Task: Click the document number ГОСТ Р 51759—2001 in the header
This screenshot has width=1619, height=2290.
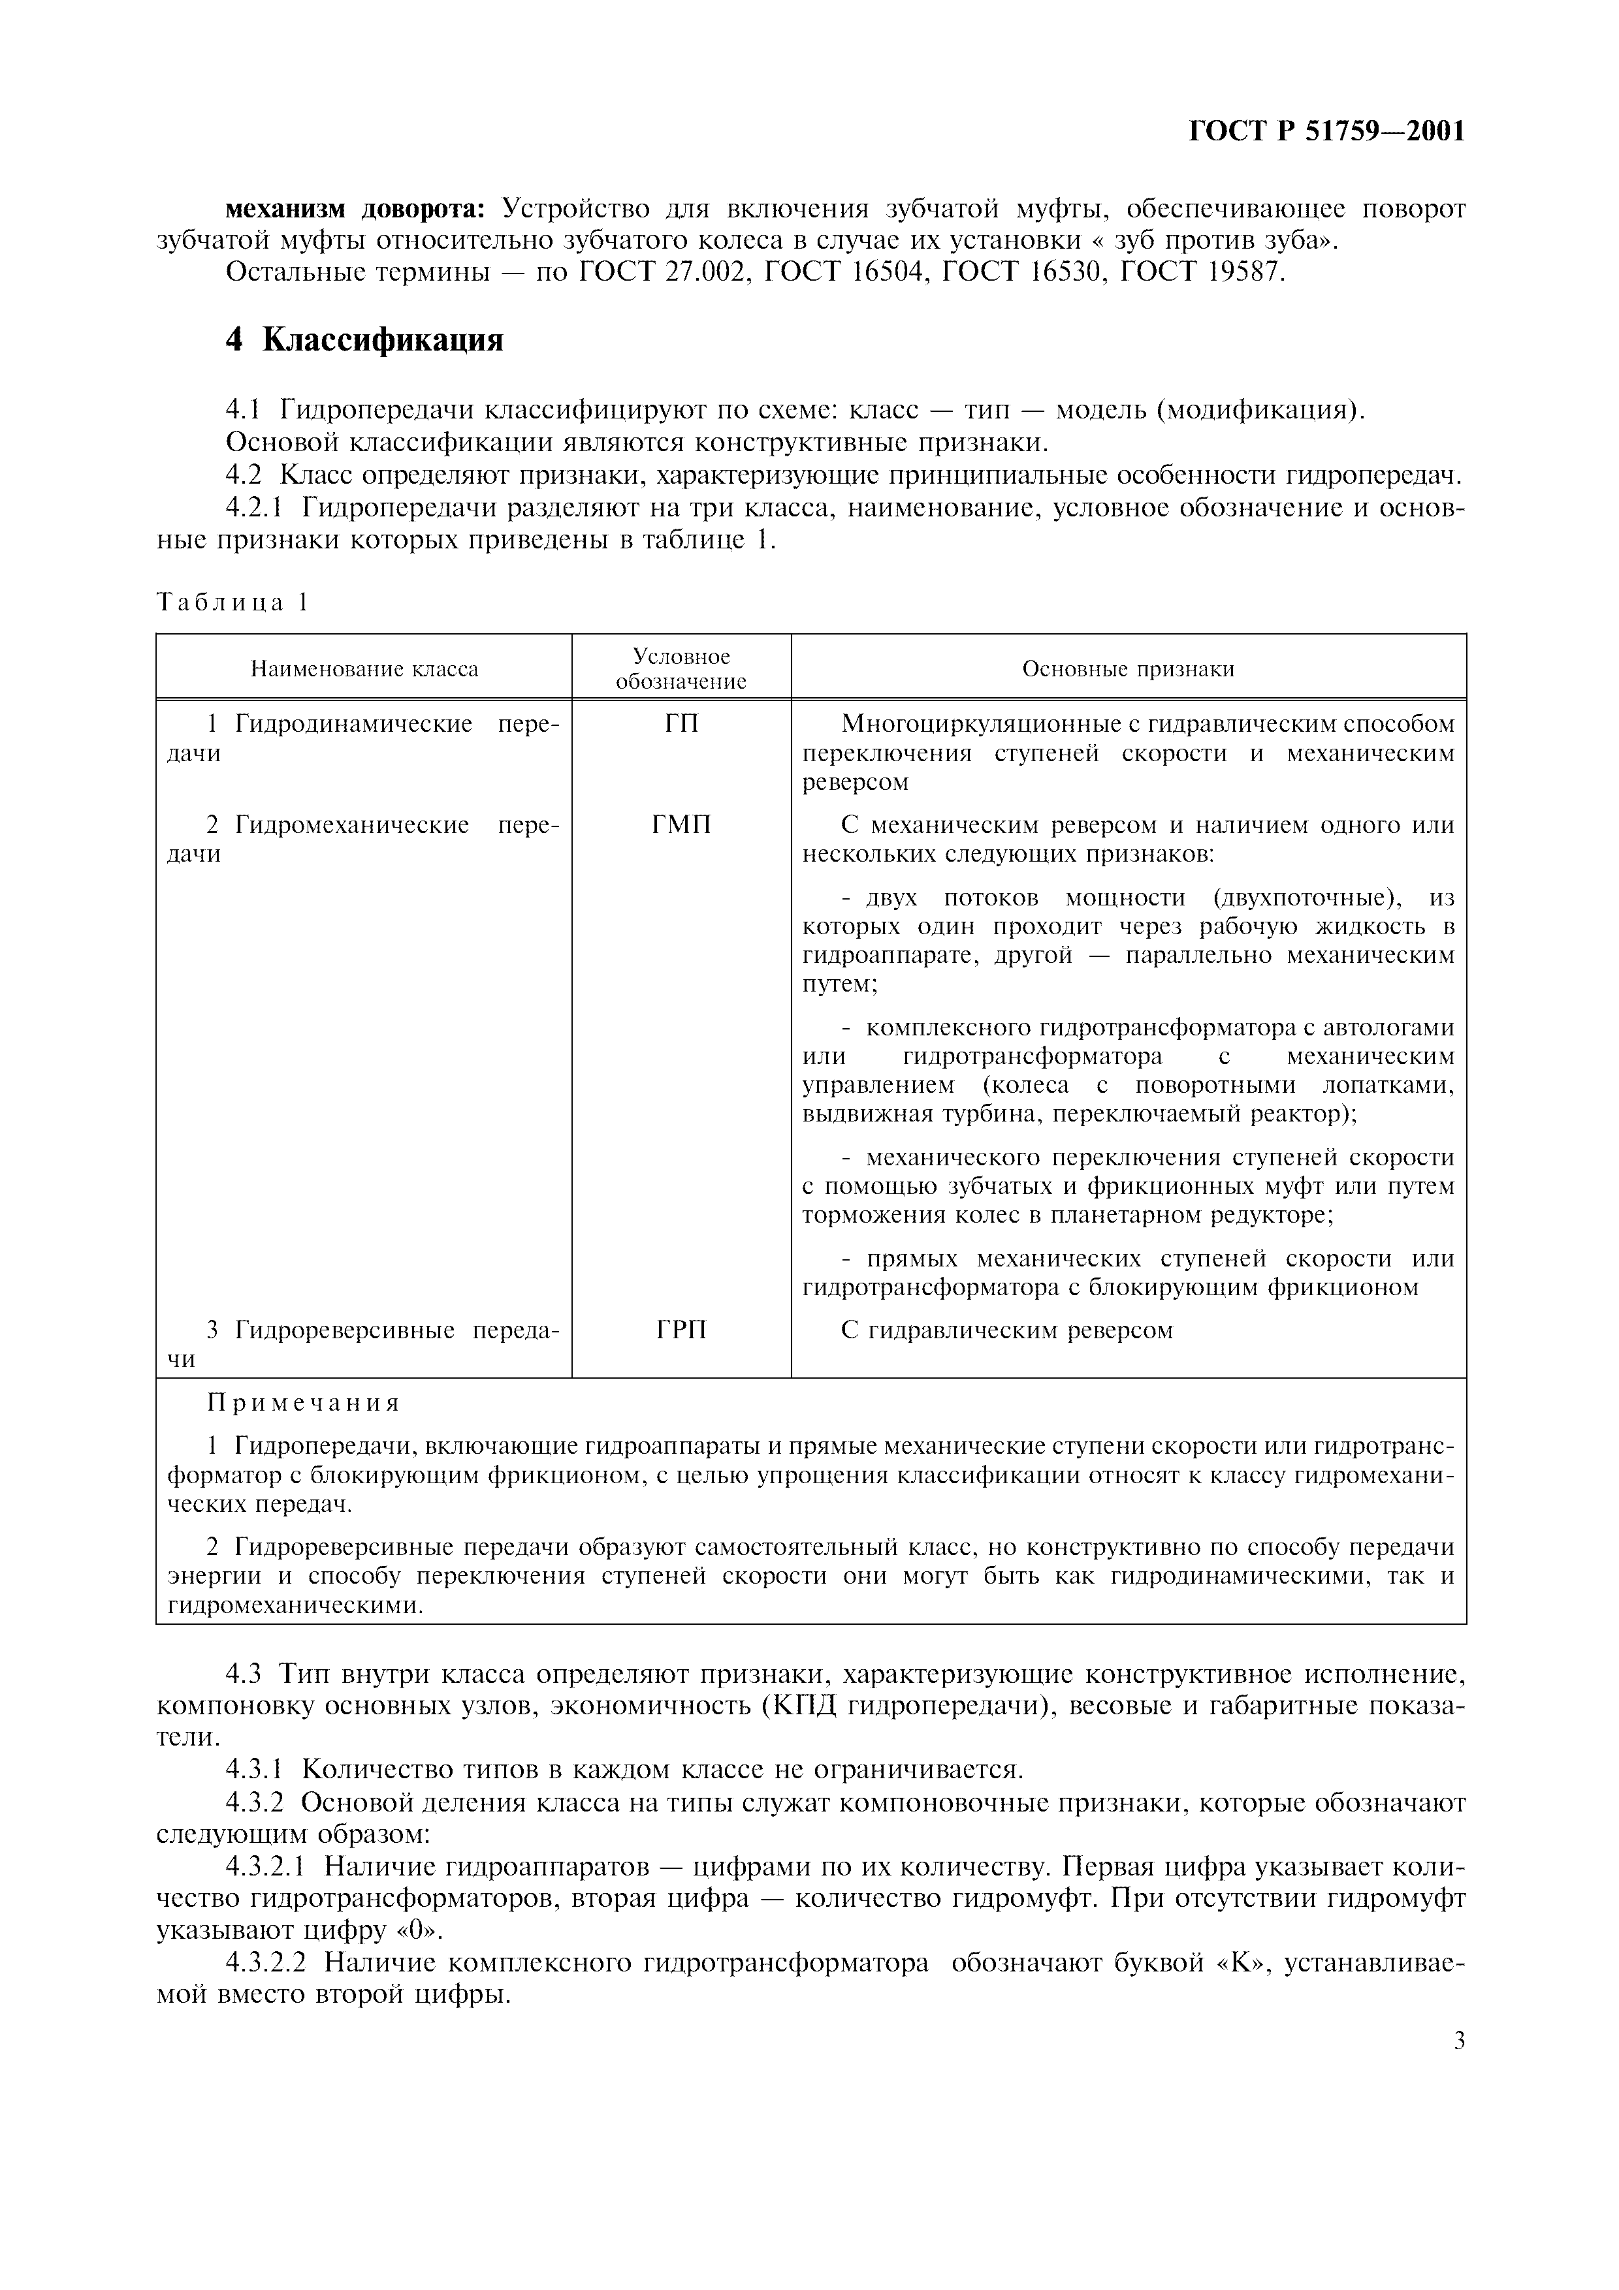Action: (x=1326, y=132)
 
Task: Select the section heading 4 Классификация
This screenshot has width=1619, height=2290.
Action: (x=364, y=340)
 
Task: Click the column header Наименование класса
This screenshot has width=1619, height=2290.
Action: (x=364, y=668)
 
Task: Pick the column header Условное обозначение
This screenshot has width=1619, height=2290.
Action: (x=681, y=668)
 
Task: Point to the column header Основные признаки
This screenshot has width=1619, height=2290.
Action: (x=1129, y=668)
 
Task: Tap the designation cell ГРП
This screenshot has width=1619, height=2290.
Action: (x=681, y=1330)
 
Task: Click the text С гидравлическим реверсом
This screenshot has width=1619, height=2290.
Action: (x=1008, y=1330)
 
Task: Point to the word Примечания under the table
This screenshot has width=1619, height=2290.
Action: (x=303, y=1404)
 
